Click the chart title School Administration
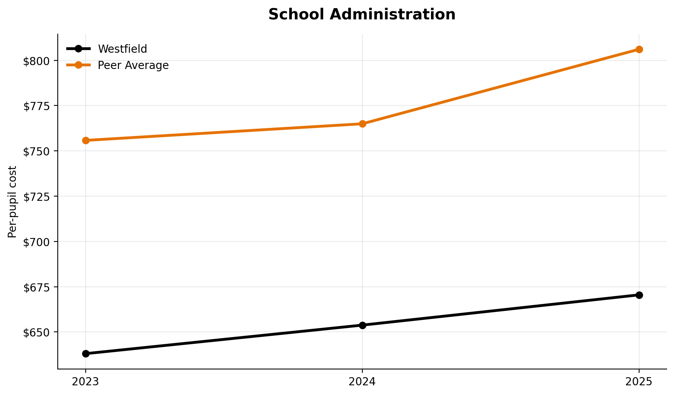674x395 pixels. [362, 15]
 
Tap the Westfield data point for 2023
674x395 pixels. [86, 354]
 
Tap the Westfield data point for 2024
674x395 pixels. [362, 325]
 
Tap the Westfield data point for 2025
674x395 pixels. [639, 295]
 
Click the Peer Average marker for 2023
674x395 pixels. [86, 140]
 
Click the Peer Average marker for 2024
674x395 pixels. [362, 124]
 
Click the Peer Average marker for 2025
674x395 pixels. [639, 50]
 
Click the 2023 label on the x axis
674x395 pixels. [86, 382]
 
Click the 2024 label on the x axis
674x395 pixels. [362, 382]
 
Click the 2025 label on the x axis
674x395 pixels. [639, 382]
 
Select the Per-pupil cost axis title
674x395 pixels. [13, 202]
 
